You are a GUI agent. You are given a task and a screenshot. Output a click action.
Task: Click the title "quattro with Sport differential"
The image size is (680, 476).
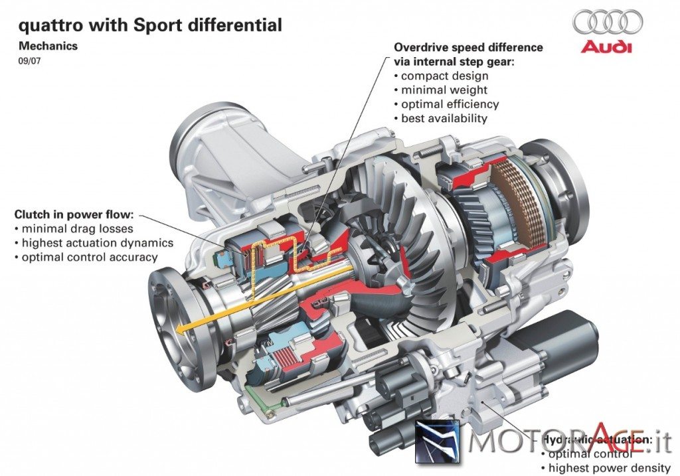149,26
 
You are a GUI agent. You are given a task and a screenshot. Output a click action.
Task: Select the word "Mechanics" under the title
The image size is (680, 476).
48,46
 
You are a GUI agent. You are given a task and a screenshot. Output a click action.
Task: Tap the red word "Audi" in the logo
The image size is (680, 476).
607,47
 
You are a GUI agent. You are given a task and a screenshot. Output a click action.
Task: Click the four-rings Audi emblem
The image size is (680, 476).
608,21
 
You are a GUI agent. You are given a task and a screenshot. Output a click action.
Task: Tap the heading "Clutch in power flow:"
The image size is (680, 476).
74,214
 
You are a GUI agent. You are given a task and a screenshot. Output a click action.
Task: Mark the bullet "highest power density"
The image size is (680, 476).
605,469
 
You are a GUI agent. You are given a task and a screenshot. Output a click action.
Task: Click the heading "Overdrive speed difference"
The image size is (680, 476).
468,48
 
